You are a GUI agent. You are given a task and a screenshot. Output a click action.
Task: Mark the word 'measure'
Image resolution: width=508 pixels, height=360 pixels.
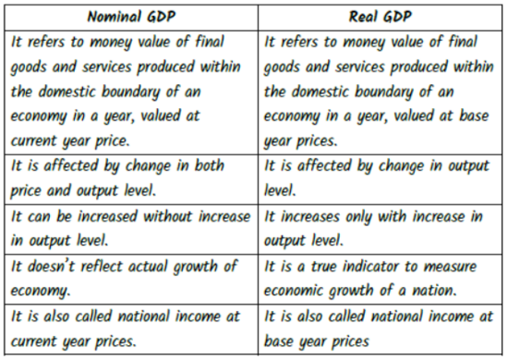coord(451,266)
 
